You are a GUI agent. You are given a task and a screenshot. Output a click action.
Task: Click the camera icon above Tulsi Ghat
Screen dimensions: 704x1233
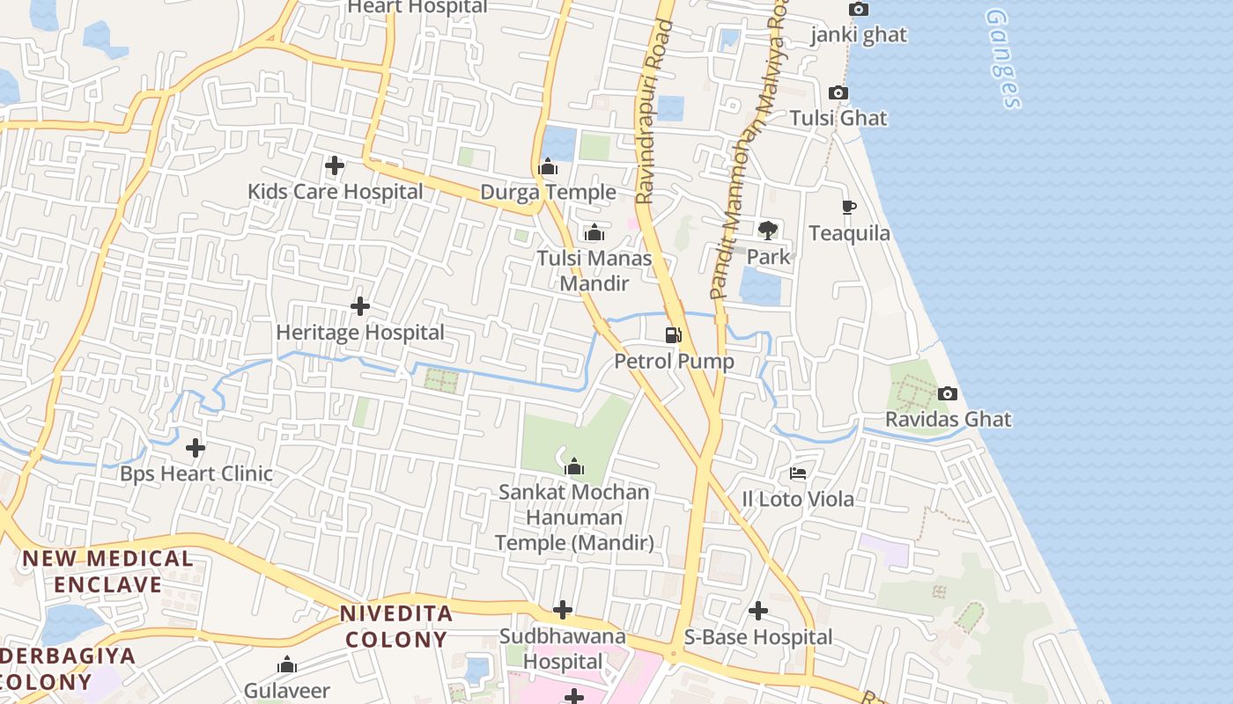(x=838, y=93)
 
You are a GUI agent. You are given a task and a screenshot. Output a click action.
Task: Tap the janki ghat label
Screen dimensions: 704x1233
(x=859, y=35)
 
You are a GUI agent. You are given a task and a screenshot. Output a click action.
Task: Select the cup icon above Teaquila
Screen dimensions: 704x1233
(x=848, y=208)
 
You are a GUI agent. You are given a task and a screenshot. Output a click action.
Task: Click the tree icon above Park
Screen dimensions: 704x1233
(x=768, y=231)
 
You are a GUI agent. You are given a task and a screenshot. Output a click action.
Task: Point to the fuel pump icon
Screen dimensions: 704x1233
(x=674, y=335)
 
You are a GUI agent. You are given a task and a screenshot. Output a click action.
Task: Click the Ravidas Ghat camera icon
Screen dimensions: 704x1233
(x=948, y=393)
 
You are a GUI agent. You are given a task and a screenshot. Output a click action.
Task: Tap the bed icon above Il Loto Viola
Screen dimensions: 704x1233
(x=798, y=473)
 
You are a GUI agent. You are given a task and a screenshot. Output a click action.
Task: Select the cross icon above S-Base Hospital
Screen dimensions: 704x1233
(x=758, y=611)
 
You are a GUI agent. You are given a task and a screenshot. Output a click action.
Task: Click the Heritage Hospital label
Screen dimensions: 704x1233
(x=360, y=333)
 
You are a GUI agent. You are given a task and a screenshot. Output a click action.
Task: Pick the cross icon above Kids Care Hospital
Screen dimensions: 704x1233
(x=335, y=165)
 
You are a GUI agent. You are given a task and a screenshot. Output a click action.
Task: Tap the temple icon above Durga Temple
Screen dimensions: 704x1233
(x=548, y=166)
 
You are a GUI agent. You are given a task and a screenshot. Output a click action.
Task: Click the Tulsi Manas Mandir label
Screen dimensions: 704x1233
(x=594, y=271)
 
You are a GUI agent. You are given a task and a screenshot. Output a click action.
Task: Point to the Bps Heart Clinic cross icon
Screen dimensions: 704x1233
(x=196, y=448)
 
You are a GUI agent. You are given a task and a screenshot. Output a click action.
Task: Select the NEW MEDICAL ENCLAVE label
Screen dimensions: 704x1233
(x=107, y=571)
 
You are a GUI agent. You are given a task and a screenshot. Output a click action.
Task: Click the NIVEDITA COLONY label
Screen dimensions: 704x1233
(x=396, y=627)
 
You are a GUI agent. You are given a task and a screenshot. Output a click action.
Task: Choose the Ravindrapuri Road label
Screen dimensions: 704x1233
(x=653, y=113)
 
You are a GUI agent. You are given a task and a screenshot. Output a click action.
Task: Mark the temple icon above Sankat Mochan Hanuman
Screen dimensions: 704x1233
(x=574, y=466)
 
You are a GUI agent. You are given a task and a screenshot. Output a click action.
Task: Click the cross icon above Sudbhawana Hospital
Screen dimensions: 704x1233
(x=563, y=610)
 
